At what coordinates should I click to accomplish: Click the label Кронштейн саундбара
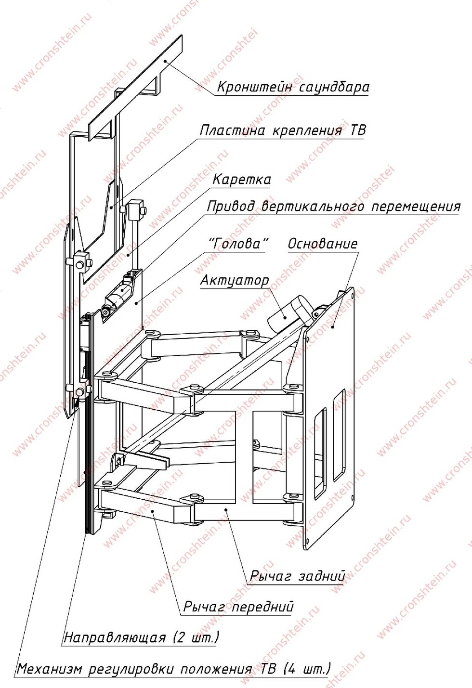293,87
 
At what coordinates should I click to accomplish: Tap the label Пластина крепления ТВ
283,130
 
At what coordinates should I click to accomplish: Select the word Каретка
241,180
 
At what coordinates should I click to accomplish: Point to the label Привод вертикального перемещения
333,207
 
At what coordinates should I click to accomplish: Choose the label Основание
323,244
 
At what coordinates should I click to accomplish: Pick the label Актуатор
235,280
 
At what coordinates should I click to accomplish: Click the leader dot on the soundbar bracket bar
165,61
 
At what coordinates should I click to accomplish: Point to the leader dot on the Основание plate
333,327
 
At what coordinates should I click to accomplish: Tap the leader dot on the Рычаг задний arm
226,509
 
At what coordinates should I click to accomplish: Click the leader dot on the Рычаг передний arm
153,510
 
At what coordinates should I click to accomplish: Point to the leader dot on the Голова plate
136,303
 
